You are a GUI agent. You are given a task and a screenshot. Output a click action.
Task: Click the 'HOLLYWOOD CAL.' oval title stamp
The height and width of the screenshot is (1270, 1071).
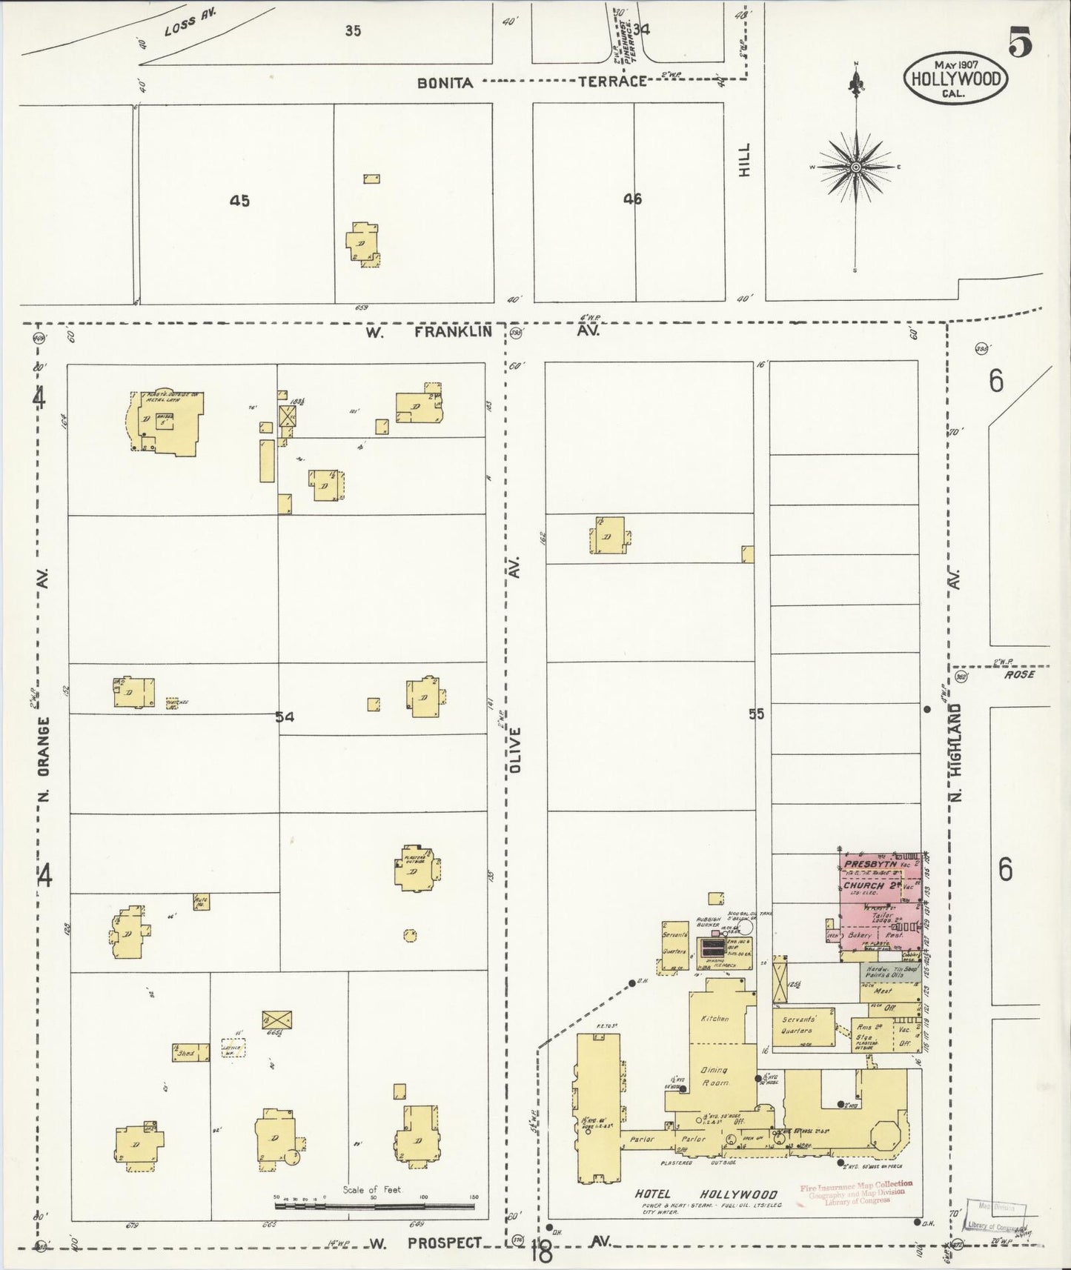[x=955, y=79]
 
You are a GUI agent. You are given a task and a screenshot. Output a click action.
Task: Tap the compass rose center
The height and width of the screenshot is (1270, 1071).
[x=855, y=167]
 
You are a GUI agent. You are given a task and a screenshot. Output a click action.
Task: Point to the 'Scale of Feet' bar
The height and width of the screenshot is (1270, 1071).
[x=374, y=1206]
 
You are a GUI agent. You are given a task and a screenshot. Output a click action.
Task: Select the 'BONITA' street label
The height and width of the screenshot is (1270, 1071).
[x=445, y=83]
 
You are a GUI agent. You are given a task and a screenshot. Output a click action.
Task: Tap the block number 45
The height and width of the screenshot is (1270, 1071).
[x=239, y=200]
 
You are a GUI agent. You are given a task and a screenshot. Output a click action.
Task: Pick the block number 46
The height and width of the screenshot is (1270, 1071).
[x=632, y=199]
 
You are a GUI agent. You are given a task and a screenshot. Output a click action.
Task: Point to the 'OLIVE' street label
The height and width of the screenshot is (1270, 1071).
[x=515, y=750]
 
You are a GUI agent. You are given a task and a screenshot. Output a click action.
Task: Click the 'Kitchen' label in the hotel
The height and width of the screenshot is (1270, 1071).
[x=714, y=1019]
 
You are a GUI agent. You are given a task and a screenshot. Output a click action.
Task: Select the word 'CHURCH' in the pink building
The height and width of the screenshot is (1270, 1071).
[x=863, y=885]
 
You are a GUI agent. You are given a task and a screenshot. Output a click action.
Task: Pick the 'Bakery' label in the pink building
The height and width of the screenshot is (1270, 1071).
[x=859, y=936]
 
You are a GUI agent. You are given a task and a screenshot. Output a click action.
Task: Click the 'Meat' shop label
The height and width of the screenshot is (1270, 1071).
[x=883, y=991]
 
